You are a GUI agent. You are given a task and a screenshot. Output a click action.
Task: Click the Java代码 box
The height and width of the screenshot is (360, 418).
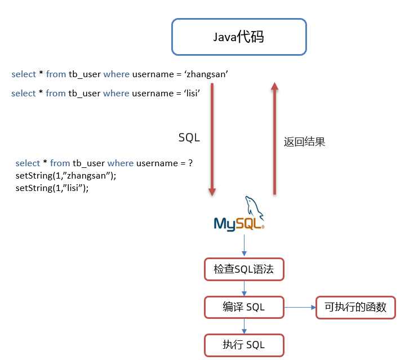pos(239,37)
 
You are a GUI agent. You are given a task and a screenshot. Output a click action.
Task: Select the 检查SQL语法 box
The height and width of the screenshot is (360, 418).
pos(243,269)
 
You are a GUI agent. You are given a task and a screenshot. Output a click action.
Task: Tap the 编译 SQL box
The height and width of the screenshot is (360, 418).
pos(243,307)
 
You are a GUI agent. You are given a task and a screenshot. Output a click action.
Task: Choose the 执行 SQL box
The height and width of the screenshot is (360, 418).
pos(243,345)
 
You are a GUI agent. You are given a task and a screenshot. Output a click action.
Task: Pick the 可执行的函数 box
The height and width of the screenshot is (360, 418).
pos(355,308)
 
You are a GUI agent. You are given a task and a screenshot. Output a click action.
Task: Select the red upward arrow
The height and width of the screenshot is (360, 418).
pos(274,138)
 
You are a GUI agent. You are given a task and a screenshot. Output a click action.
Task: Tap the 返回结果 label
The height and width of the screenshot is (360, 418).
pos(304,142)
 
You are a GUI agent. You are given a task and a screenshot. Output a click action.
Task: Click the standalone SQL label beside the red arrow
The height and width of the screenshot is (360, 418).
pos(189,137)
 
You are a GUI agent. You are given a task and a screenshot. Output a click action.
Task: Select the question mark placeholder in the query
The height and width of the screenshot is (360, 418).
pos(190,163)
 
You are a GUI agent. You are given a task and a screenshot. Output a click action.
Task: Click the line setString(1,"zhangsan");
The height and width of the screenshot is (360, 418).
pos(66,176)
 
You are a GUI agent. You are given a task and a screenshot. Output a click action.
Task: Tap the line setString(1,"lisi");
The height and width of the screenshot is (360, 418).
pos(52,188)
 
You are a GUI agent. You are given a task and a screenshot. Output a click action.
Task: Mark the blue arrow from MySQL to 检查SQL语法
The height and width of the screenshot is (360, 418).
pos(244,246)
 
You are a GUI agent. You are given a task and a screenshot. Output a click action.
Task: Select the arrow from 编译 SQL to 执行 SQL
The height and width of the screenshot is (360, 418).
pos(244,326)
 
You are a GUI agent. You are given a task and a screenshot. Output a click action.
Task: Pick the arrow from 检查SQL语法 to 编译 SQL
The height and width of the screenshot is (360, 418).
pos(244,288)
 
